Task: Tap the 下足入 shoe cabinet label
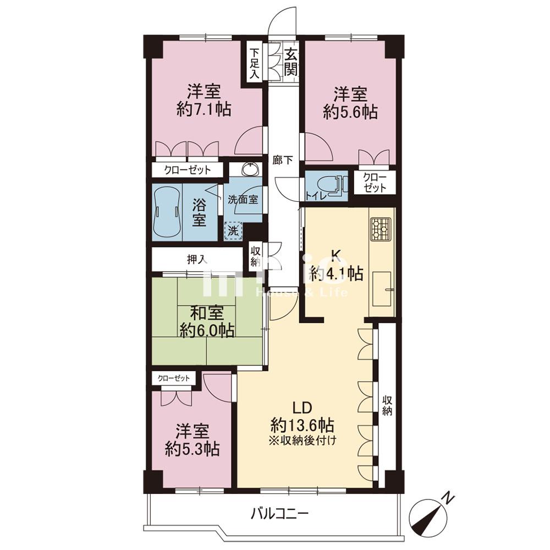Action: coord(254,63)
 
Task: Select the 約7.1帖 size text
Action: coord(204,110)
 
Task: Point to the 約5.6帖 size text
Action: coord(350,112)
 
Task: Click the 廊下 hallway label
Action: coord(283,160)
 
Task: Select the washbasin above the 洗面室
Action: coord(250,169)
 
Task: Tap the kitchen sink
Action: coord(382,288)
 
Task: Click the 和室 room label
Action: coord(207,313)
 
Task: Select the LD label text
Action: coord(302,408)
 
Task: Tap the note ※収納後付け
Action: coord(302,439)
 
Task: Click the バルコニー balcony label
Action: coord(279,514)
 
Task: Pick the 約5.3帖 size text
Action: coord(193,449)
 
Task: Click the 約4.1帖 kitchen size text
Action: coord(337,273)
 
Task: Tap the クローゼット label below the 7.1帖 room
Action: coord(188,170)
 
